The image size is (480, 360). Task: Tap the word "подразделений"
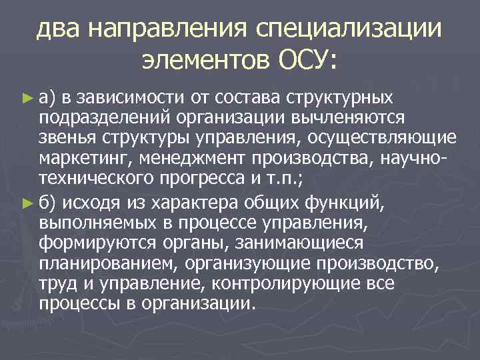pyautogui.click(x=97, y=117)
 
